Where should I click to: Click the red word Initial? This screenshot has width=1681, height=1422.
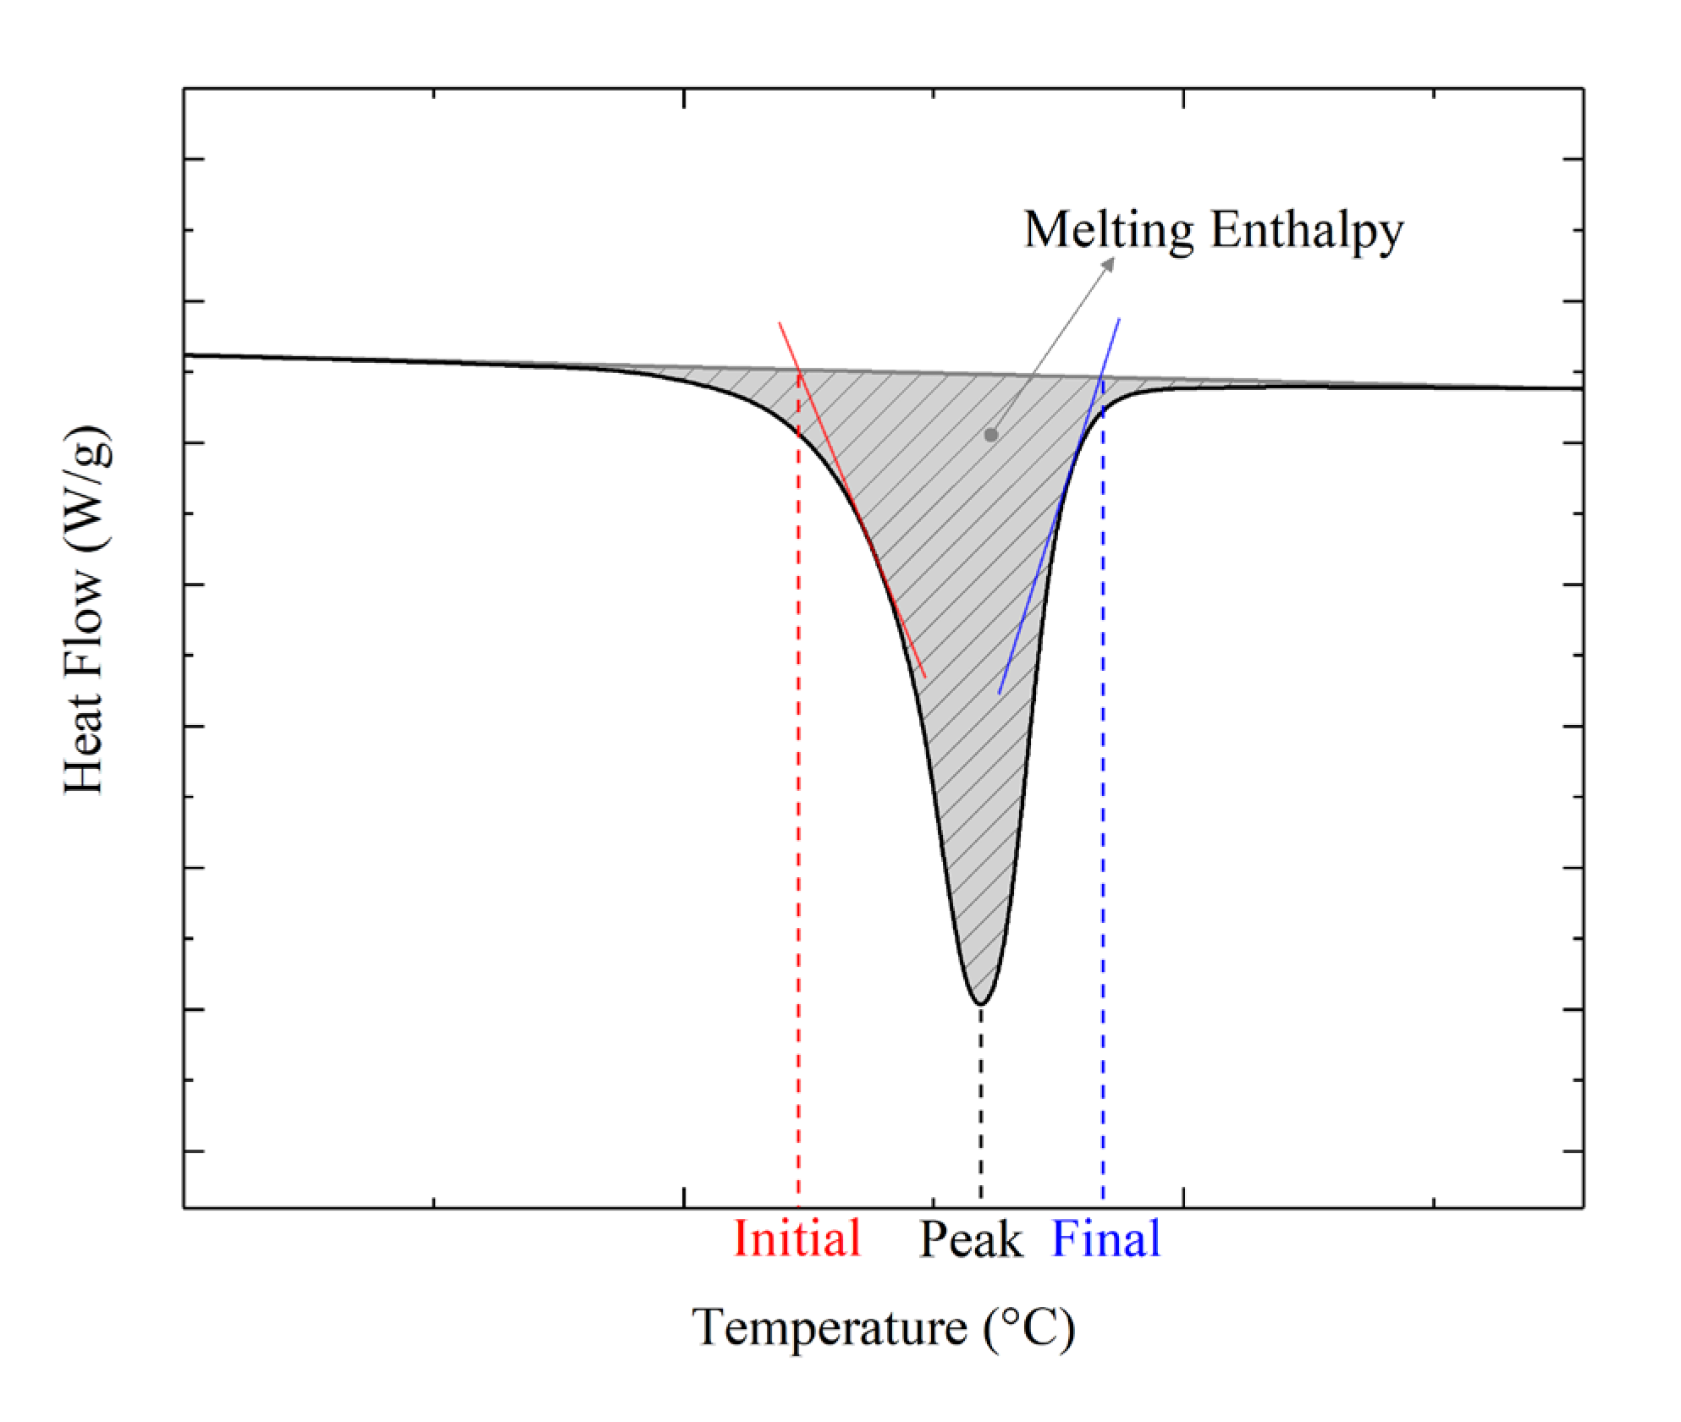coord(796,1238)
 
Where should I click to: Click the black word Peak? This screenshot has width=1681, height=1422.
coord(970,1240)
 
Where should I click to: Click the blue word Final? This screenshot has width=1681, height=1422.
coord(1105,1238)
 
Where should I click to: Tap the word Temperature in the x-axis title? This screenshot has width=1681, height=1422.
coord(829,1326)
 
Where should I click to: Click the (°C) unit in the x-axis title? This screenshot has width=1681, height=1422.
coord(1029,1326)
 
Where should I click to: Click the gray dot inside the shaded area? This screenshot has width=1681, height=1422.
coord(991,435)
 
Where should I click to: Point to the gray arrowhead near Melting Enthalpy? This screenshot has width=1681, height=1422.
coord(1108,266)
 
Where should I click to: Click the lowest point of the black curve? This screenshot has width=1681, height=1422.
coord(980,1004)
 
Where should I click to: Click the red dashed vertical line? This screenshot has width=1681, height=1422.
coord(798,846)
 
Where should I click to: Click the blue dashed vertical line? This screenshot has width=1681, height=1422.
coord(1103,846)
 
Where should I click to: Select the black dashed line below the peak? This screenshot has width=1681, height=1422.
coord(981,1100)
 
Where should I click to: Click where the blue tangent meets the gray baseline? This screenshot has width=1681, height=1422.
coord(1101,376)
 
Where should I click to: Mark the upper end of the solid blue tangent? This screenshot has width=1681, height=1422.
coord(1119,320)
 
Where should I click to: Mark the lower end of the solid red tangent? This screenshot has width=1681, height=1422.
coord(924,677)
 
